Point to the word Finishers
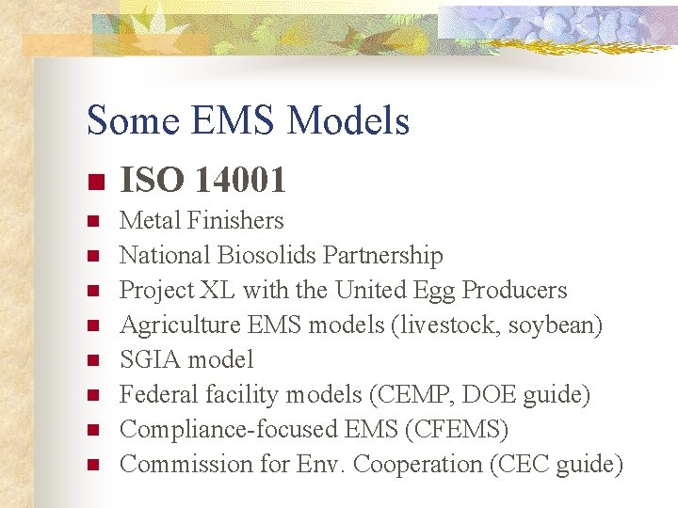(235, 221)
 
